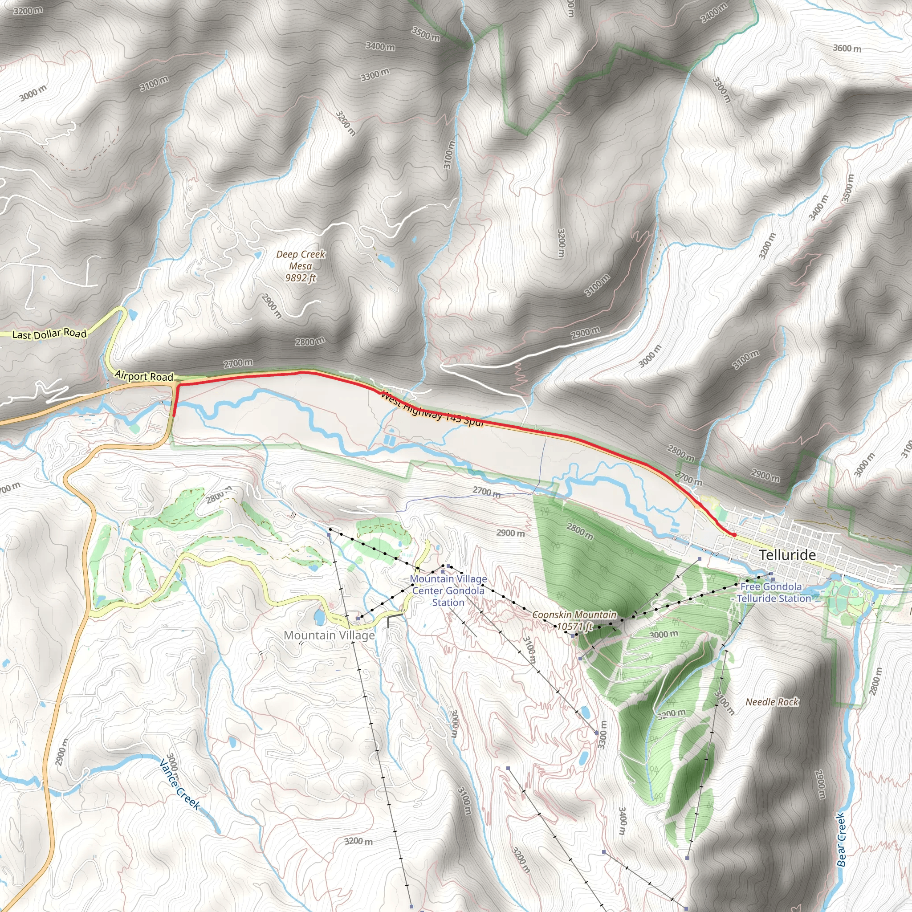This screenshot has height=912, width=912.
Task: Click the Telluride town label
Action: (x=787, y=555)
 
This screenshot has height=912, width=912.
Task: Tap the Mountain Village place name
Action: (x=329, y=635)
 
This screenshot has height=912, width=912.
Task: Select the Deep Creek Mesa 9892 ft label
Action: (x=301, y=266)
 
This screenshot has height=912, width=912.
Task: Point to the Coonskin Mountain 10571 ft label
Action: (x=574, y=621)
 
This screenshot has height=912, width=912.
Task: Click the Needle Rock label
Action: (x=772, y=702)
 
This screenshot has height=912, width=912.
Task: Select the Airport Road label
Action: (x=144, y=376)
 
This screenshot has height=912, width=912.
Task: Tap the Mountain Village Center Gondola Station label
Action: (x=448, y=590)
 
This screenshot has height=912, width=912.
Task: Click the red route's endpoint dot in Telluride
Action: (x=734, y=535)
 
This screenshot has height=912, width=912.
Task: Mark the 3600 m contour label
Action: (x=847, y=48)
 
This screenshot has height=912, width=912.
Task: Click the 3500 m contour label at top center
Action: (x=425, y=34)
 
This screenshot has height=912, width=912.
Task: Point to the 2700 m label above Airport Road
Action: (x=238, y=363)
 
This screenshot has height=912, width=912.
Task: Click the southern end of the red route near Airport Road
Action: (x=174, y=415)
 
